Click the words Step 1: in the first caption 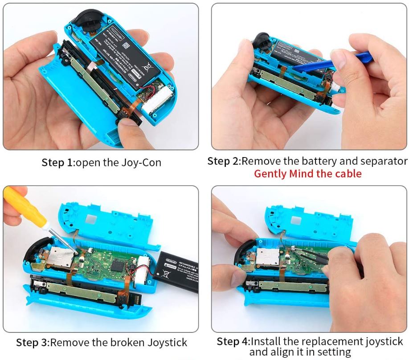point(58,163)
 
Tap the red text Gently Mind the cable point(307,174)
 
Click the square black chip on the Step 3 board point(119,265)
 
